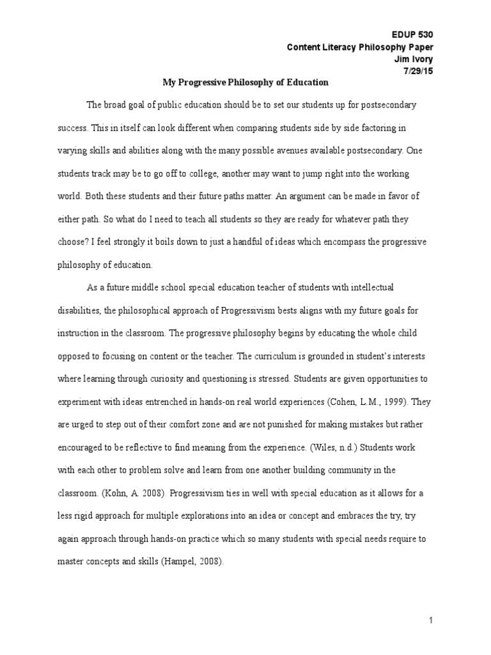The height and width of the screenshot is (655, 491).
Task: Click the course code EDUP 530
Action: pyautogui.click(x=415, y=34)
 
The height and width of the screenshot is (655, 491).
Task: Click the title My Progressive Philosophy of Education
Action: pyautogui.click(x=245, y=83)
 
